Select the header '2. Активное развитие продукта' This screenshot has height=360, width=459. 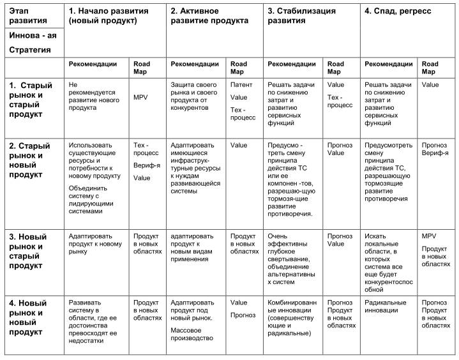(x=209, y=16)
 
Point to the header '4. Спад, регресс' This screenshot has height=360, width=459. (x=398, y=11)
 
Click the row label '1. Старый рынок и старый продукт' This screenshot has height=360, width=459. (x=31, y=100)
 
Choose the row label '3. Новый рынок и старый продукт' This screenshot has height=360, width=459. (x=31, y=246)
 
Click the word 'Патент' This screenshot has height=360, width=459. (x=241, y=84)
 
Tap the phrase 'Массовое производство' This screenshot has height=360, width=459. (x=192, y=334)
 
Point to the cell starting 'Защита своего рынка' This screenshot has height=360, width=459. (x=194, y=96)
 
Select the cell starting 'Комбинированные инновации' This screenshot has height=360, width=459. (x=291, y=318)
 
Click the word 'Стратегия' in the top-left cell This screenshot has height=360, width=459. (x=30, y=50)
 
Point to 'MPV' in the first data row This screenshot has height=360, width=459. (x=140, y=97)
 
